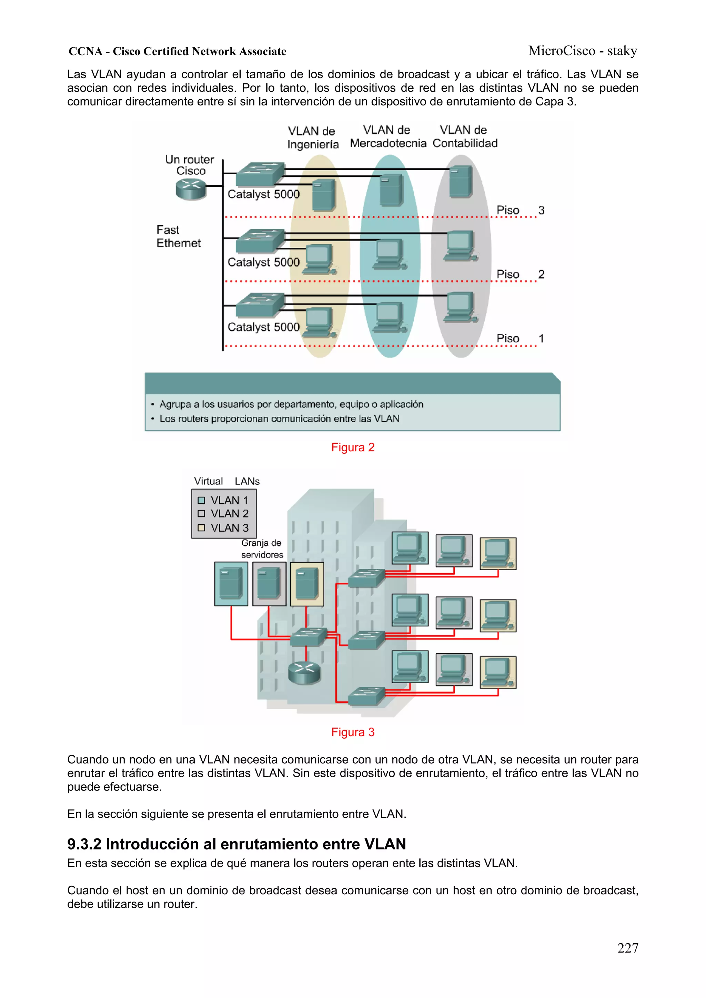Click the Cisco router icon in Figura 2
click(191, 189)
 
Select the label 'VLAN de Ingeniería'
click(312, 137)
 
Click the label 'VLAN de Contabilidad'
click(465, 136)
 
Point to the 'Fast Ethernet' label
click(178, 236)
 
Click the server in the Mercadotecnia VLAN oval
click(391, 189)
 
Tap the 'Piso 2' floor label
click(520, 274)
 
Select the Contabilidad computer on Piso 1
click(460, 307)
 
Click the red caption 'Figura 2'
click(352, 447)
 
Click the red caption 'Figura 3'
click(352, 732)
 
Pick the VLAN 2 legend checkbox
click(201, 514)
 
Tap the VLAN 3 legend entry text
click(229, 528)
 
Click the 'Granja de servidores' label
click(262, 548)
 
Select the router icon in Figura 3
click(304, 672)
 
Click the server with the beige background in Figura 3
click(307, 584)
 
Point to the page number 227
click(627, 948)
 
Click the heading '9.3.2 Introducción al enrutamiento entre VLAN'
click(236, 844)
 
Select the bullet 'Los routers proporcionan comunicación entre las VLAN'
click(279, 419)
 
